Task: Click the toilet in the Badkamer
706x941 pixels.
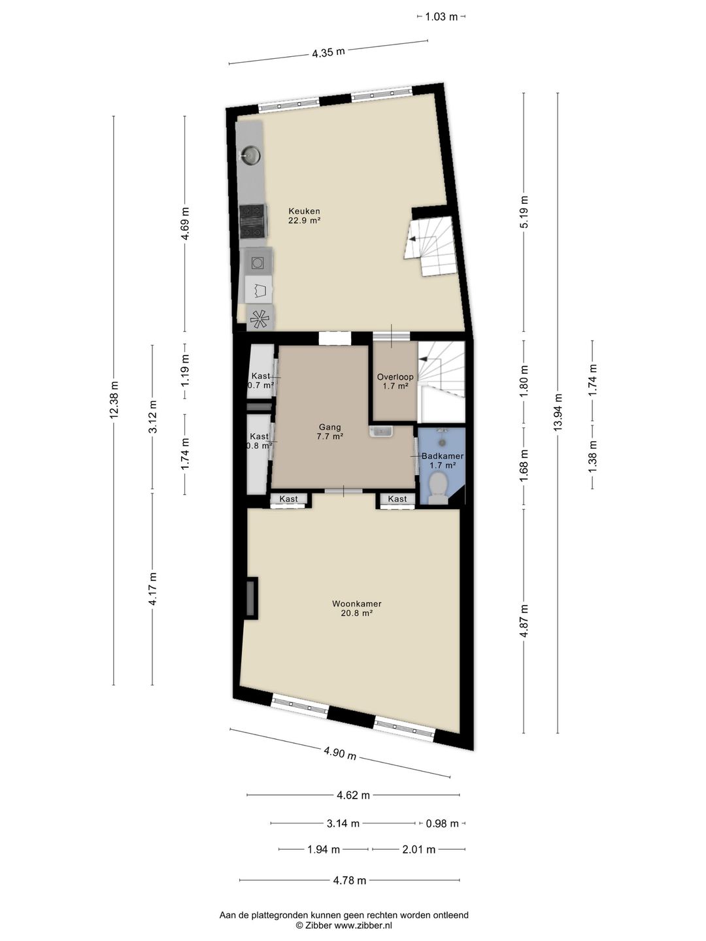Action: point(438,488)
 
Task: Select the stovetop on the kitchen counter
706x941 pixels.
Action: point(252,222)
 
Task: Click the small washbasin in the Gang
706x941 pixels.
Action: point(381,431)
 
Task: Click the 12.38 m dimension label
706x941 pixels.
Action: point(114,400)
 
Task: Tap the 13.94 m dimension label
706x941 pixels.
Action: point(558,412)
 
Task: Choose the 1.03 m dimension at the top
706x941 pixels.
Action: point(441,17)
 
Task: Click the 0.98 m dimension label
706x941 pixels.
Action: point(442,823)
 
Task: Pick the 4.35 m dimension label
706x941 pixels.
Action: point(328,53)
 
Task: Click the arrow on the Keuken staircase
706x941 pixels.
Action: point(414,239)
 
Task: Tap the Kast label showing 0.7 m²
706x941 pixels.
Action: point(261,380)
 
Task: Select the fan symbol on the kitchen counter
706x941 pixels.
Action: point(260,319)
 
